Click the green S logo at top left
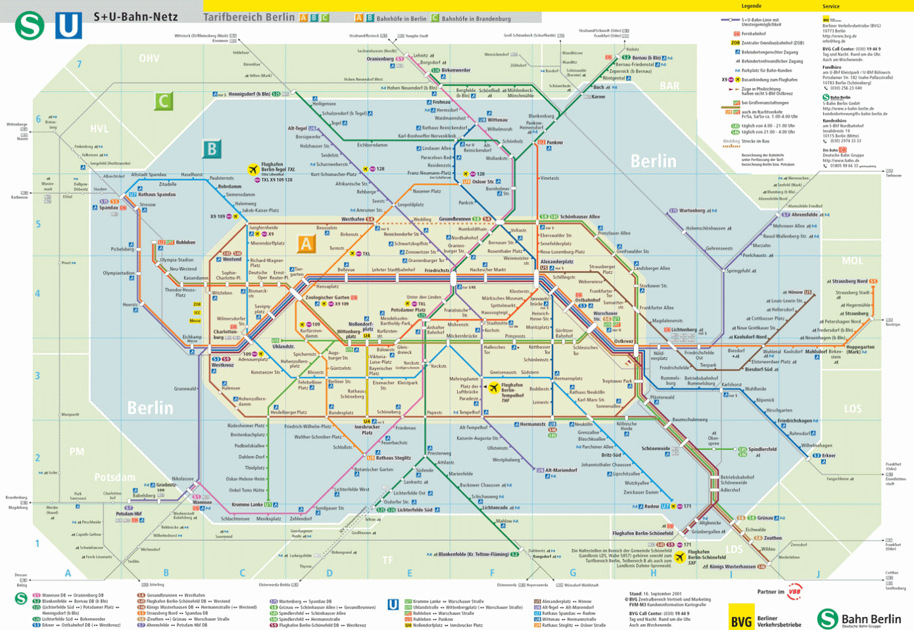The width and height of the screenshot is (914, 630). (x=29, y=26)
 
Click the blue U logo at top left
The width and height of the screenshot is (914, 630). (x=68, y=26)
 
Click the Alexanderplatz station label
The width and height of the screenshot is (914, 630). (x=556, y=261)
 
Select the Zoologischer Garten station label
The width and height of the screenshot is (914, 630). (x=327, y=298)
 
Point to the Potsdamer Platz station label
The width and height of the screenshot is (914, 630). (x=408, y=310)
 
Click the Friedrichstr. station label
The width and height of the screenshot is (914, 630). (x=437, y=270)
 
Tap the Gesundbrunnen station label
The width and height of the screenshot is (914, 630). (x=455, y=219)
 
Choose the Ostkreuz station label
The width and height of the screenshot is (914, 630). (x=623, y=341)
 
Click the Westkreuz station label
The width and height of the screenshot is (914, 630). (x=222, y=365)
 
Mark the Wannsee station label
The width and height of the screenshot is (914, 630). (x=202, y=503)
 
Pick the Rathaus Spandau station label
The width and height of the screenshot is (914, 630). (x=156, y=194)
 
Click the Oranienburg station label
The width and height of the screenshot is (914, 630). (x=380, y=59)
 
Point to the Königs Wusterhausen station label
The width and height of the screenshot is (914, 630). (x=733, y=566)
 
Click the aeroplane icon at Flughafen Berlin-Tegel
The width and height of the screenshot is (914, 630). (x=253, y=169)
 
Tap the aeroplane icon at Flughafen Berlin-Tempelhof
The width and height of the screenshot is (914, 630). (x=493, y=388)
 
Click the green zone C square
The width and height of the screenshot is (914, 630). (x=163, y=101)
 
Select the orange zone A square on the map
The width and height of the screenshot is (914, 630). (x=306, y=244)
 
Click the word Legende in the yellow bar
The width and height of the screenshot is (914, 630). (x=751, y=6)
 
